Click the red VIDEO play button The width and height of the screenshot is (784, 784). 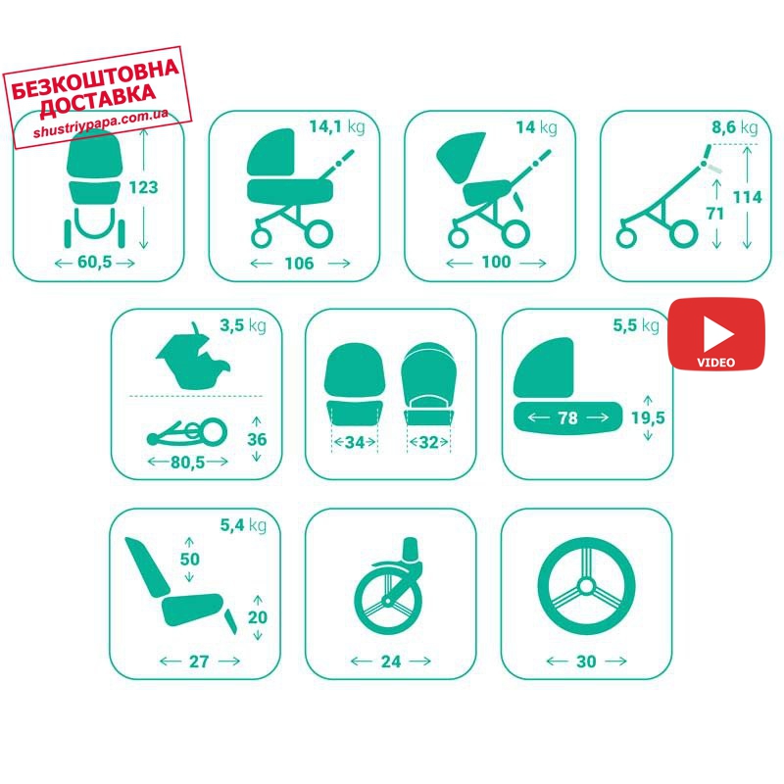tap(716, 334)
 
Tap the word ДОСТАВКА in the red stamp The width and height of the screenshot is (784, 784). tap(98, 101)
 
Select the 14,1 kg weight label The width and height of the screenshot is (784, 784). tap(337, 127)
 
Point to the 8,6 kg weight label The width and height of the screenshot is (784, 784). tap(734, 127)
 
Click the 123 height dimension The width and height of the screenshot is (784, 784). tap(143, 187)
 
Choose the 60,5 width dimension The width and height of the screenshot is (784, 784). tap(95, 262)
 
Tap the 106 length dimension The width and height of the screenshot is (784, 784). tap(299, 263)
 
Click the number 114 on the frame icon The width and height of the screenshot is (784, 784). tap(747, 197)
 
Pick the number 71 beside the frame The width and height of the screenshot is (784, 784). tap(715, 214)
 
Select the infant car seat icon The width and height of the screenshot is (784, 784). tap(193, 356)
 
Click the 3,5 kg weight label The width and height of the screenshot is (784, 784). tap(243, 326)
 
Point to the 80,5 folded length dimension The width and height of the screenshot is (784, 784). tap(188, 462)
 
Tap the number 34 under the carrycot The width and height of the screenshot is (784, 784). tap(355, 442)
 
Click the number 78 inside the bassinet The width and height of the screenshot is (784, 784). tap(568, 417)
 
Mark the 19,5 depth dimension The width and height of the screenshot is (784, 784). tap(648, 417)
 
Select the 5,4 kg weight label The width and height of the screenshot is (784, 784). tap(243, 525)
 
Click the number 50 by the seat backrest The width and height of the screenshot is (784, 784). tap(190, 559)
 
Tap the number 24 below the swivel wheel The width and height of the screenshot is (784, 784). tap(391, 661)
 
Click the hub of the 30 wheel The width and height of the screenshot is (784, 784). tap(586, 586)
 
